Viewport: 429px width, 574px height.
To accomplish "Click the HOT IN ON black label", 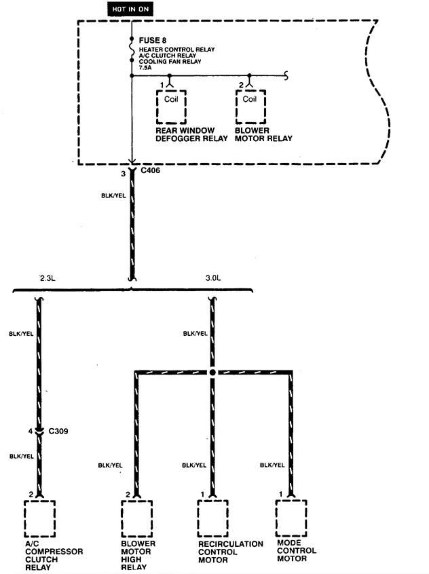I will [130, 9].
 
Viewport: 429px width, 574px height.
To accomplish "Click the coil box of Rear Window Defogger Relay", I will [171, 106].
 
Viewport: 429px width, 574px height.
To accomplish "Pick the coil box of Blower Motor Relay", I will [250, 106].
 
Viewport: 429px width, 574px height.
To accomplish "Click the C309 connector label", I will [58, 430].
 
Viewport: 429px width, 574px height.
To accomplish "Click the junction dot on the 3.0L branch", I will [213, 373].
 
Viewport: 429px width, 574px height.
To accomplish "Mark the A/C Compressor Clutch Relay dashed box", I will [39, 518].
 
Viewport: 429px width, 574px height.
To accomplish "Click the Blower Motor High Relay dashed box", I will [136, 518].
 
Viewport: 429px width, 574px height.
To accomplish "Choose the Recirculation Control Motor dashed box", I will [213, 518].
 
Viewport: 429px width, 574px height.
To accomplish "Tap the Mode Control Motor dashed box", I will [292, 518].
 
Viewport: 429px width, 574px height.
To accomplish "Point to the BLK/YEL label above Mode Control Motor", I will [272, 465].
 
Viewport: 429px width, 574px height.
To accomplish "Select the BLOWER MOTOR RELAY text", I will [263, 134].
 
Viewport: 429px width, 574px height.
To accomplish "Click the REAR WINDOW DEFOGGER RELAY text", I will [185, 134].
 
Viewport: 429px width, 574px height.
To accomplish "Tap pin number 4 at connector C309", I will [31, 431].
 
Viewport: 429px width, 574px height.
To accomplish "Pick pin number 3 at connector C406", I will [123, 174].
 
